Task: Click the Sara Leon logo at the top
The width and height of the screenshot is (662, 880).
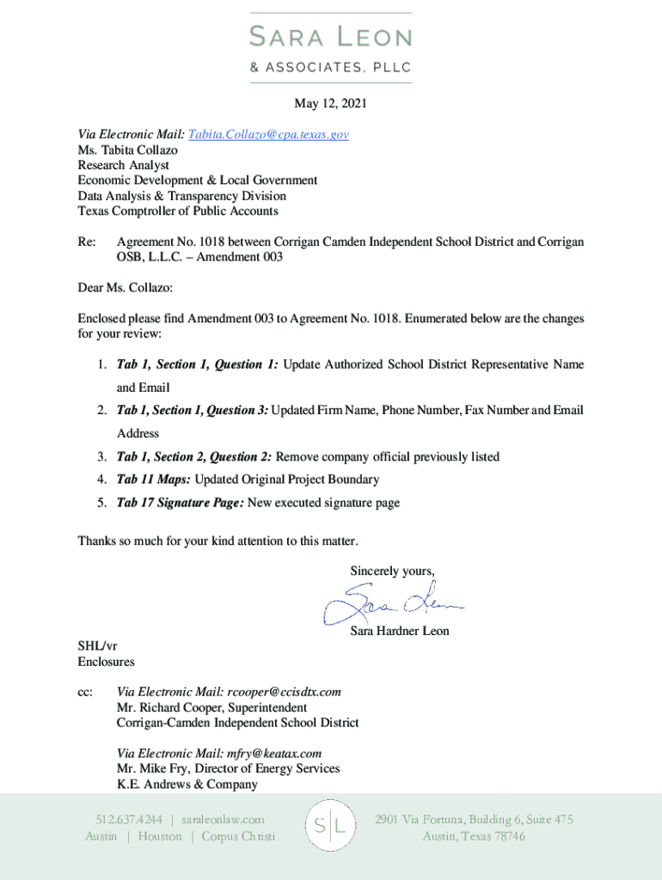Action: pos(331,47)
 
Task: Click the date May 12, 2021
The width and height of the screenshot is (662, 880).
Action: pos(331,104)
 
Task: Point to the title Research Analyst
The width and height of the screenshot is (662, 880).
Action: pos(123,165)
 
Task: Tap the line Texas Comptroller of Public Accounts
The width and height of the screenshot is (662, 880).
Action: pos(178,211)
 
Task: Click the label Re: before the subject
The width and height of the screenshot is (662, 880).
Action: pos(87,242)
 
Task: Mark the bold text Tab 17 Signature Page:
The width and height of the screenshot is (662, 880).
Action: pos(180,503)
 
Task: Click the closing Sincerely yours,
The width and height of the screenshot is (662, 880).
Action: pos(392,571)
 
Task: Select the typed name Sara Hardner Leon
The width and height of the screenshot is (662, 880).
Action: pos(399,632)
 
